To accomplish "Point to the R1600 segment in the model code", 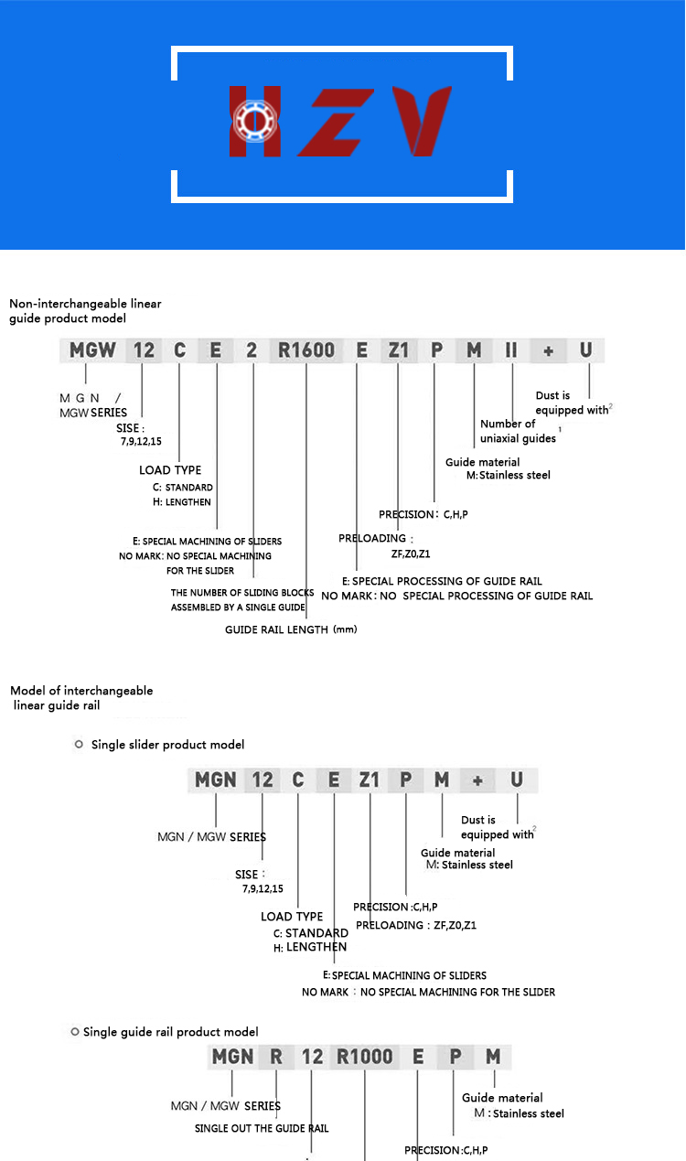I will pyautogui.click(x=306, y=350).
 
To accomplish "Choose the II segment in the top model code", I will pyautogui.click(x=511, y=350).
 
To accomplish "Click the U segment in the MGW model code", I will pyautogui.click(x=585, y=350).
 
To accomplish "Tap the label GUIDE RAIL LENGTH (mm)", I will pyautogui.click(x=291, y=629).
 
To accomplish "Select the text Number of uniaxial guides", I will pyautogui.click(x=519, y=431).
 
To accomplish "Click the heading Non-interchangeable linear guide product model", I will pyautogui.click(x=85, y=311).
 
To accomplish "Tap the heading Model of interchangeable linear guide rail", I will pyautogui.click(x=81, y=698).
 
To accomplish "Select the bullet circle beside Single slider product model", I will pyautogui.click(x=79, y=745).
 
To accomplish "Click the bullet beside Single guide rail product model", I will pyautogui.click(x=75, y=1031).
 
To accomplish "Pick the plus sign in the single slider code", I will pyautogui.click(x=477, y=781).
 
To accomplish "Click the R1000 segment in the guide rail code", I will pyautogui.click(x=365, y=1057).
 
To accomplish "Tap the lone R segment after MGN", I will pyautogui.click(x=275, y=1057).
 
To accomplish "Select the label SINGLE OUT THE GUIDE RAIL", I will pyautogui.click(x=262, y=1128).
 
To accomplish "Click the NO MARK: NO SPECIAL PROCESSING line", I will pyautogui.click(x=457, y=596).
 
